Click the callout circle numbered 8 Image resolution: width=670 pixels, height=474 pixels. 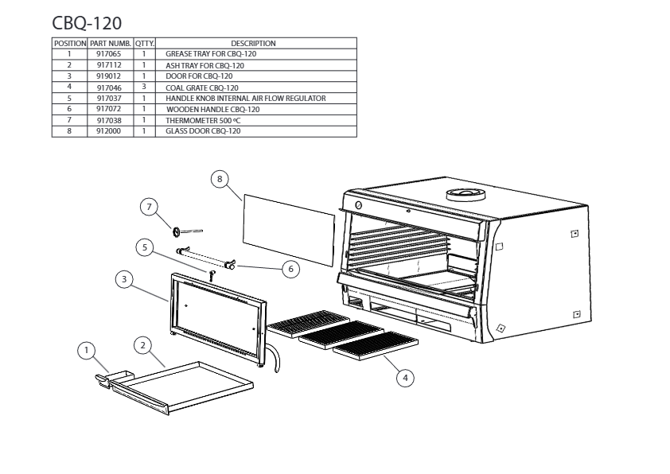[x=220, y=179]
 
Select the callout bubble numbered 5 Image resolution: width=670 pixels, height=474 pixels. [x=144, y=247]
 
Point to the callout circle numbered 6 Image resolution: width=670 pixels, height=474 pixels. [x=291, y=269]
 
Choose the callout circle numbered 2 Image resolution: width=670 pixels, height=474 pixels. [x=142, y=345]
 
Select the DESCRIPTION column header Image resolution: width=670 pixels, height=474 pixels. [x=252, y=43]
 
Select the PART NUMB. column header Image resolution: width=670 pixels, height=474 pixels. [x=110, y=43]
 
